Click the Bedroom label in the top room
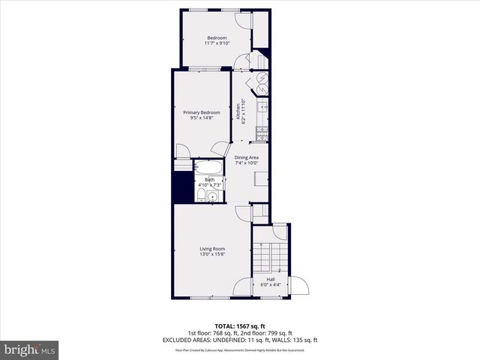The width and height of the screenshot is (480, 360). (x=216, y=37)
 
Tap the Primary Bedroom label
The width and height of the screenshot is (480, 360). (x=202, y=112)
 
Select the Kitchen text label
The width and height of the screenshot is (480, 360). (x=239, y=110)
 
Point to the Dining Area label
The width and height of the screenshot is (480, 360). (x=246, y=157)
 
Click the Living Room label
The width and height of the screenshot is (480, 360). (x=212, y=249)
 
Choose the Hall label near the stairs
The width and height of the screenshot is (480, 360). (x=271, y=280)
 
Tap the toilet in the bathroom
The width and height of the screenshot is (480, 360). (x=200, y=196)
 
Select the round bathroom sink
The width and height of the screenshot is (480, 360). (x=214, y=197)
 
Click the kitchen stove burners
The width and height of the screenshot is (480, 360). (x=262, y=134)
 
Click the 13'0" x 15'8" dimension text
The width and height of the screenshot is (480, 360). (x=212, y=254)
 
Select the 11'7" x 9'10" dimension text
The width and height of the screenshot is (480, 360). (x=216, y=43)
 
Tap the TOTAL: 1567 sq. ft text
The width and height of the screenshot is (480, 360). (x=240, y=326)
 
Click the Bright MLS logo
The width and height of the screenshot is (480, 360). (x=30, y=349)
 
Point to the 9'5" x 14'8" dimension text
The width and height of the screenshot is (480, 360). (x=202, y=118)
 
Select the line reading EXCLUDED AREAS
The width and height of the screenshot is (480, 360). (x=240, y=339)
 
